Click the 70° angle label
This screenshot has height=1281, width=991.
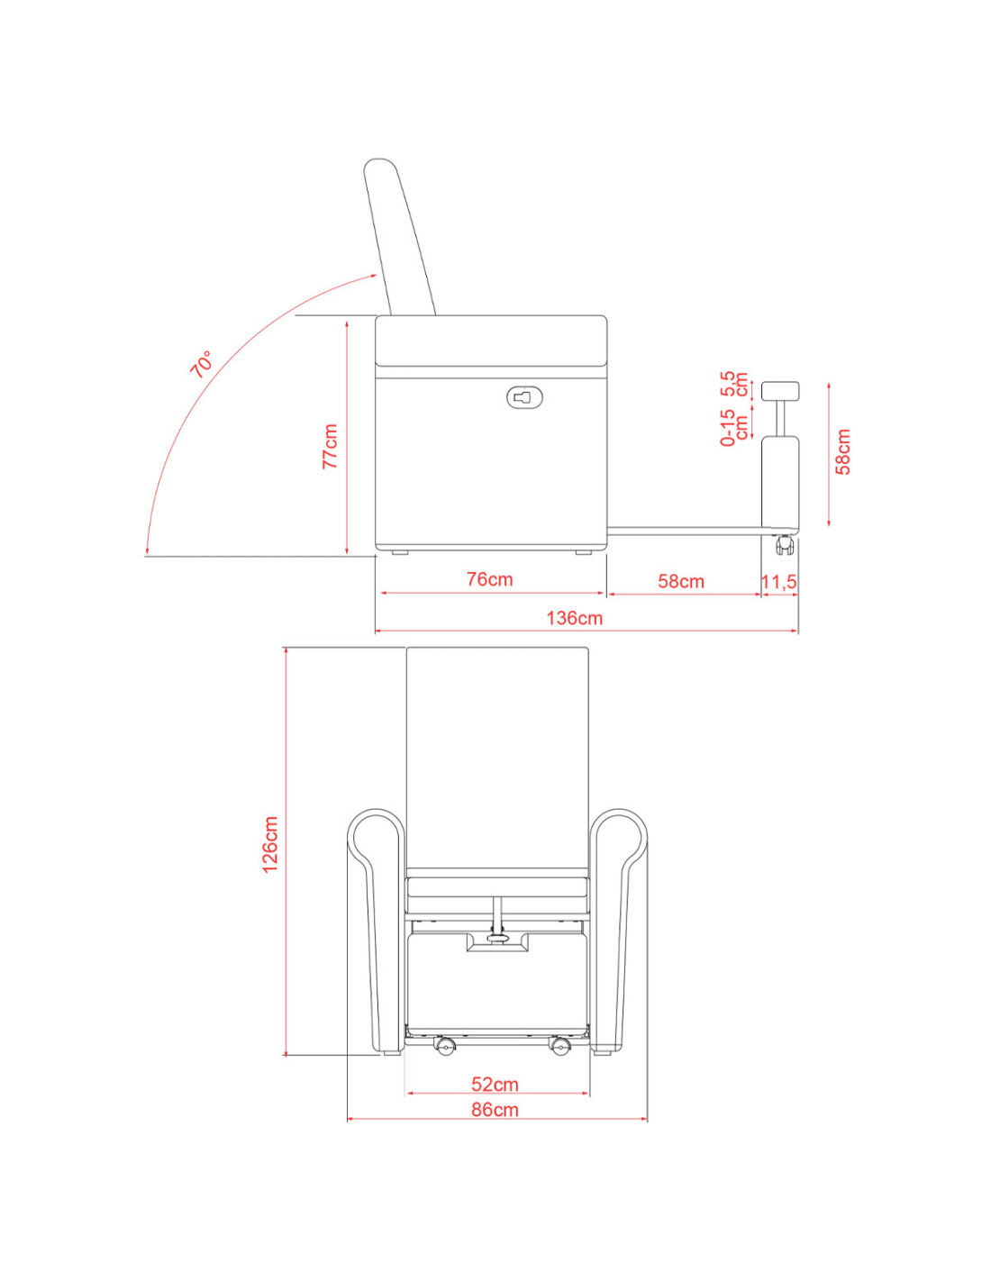[x=201, y=364]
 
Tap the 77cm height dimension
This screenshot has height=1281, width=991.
[x=330, y=446]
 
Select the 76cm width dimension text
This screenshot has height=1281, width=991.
[x=490, y=579]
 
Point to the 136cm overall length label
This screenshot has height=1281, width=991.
[x=574, y=618]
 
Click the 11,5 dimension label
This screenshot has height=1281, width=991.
[x=778, y=582]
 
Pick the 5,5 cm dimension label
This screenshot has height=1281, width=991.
[x=734, y=384]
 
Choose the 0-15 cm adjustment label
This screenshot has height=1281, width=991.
[x=734, y=427]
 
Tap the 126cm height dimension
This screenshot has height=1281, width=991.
[x=270, y=844]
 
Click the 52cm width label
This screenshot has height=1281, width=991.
[x=495, y=1084]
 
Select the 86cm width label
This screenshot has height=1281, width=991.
[x=495, y=1110]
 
